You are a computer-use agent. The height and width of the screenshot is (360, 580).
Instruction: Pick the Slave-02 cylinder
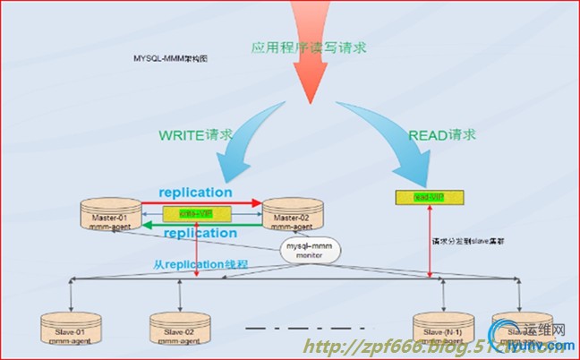173,325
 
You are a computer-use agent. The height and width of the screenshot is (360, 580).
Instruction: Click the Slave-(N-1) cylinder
439,325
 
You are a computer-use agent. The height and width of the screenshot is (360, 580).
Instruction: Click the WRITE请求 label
196,136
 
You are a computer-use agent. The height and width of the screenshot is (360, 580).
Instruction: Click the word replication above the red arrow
196,192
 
